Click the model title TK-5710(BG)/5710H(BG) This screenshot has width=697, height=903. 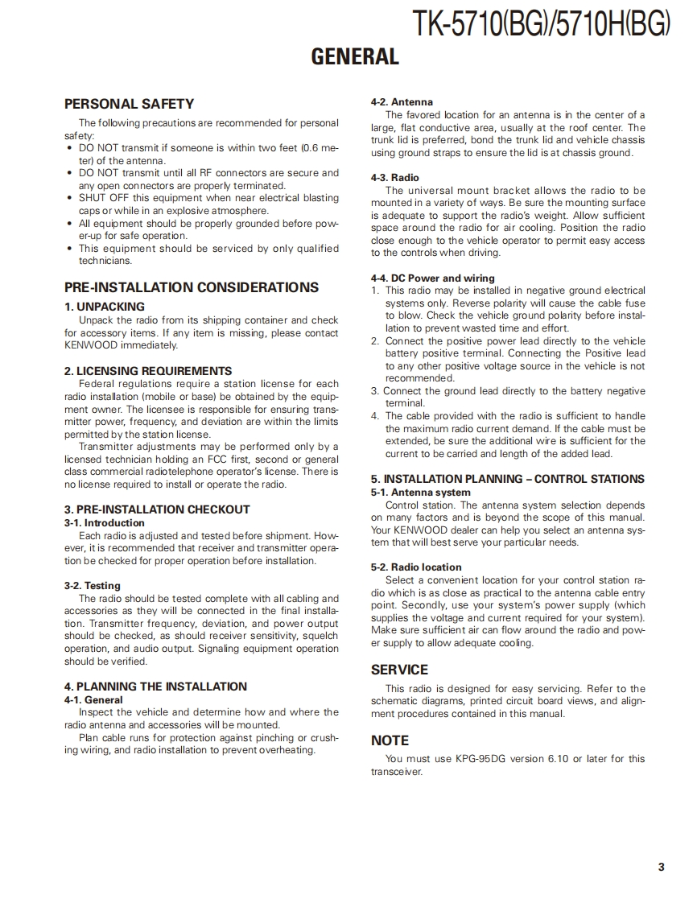540,25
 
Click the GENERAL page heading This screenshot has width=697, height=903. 355,56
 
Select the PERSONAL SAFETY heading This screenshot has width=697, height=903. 129,104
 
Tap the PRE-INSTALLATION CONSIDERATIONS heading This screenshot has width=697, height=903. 191,287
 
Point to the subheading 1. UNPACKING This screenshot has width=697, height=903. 105,307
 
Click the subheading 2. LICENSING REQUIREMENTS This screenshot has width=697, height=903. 148,371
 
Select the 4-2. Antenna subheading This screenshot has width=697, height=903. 402,102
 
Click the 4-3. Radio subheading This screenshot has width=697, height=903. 395,178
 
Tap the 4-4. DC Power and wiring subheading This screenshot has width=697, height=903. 433,278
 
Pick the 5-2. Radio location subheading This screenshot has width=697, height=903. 416,567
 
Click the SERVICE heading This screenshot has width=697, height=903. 399,670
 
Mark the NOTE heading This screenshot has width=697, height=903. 390,740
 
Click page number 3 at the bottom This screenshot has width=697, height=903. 661,867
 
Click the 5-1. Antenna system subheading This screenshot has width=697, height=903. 421,493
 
